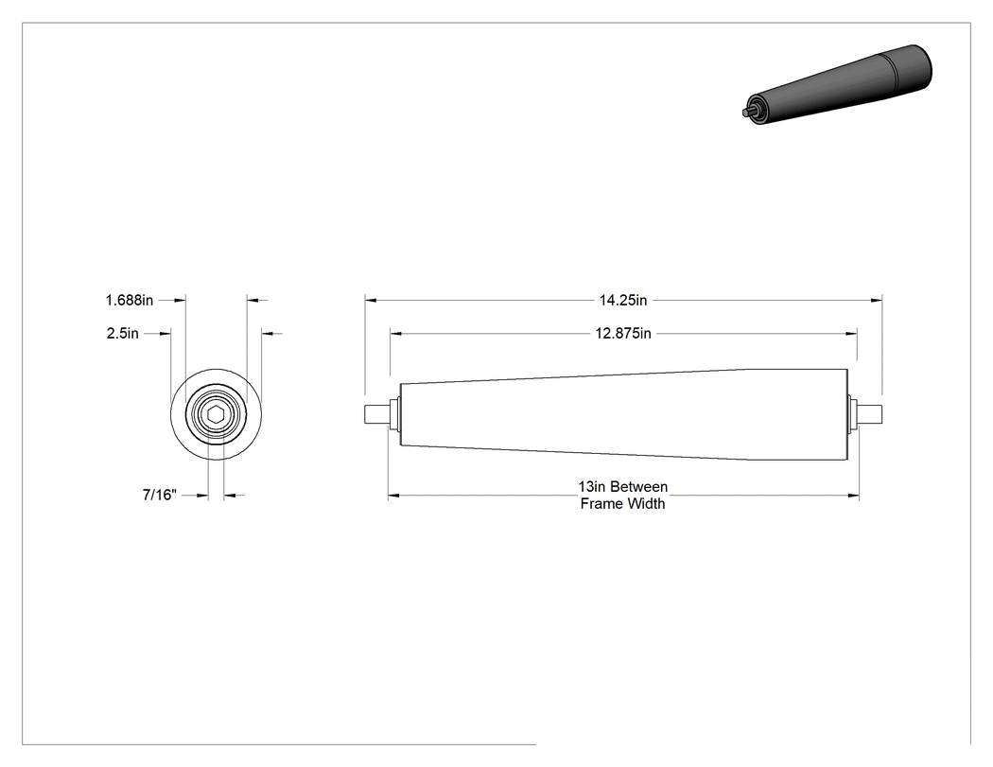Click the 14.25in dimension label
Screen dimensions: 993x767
coord(623,300)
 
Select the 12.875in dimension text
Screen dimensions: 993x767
coord(623,333)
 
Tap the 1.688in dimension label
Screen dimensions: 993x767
coord(130,300)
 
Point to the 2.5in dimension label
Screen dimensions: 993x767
coord(123,333)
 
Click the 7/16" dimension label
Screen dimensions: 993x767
coord(160,495)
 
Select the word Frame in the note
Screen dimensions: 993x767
coord(598,503)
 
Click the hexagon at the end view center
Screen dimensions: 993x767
coord(216,414)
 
